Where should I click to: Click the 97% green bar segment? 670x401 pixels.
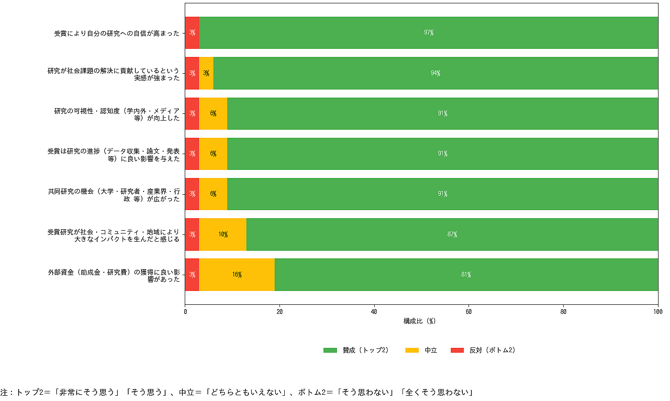428,33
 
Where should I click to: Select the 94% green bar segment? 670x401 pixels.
435,73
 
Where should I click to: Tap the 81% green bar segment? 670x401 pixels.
466,275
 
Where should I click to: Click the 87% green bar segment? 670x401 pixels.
452,234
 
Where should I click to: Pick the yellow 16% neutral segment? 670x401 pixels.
237,275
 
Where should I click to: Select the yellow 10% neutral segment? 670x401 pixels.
223,234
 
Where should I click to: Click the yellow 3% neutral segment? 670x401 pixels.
206,73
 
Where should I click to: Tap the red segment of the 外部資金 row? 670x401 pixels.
192,275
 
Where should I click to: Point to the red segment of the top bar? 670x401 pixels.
192,33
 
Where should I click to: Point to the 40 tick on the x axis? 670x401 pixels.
374,312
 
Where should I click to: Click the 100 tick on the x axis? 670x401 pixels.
658,312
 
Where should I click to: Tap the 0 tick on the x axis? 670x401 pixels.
185,312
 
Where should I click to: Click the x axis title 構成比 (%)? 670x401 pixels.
420,321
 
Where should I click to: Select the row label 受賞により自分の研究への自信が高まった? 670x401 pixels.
117,33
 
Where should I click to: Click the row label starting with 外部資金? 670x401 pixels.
114,275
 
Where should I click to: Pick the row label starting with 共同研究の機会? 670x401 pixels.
114,194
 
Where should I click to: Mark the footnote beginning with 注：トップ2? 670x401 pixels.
236,392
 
